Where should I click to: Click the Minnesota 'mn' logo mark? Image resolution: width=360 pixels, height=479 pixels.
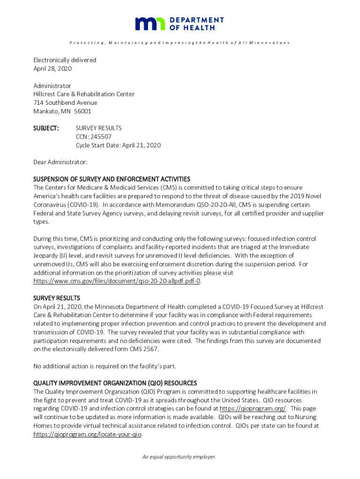coord(150,24)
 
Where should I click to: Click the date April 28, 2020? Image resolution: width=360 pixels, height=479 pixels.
coord(52,69)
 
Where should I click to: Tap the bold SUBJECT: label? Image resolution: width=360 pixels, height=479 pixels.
coord(46,128)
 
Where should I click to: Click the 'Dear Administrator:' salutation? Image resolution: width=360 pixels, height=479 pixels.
coord(60,162)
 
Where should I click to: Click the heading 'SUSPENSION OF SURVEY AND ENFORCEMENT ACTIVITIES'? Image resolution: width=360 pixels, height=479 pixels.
coord(112,179)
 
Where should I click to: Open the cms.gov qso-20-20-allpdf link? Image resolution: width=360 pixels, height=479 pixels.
coord(117,281)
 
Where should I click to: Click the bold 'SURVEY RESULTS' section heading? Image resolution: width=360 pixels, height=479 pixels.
coord(57,298)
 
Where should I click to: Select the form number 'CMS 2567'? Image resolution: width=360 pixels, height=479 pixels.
coord(146,349)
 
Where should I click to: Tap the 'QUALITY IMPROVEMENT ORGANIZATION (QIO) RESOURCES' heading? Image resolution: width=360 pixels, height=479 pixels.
coord(115,383)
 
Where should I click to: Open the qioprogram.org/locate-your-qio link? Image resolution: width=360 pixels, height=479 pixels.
coord(87,434)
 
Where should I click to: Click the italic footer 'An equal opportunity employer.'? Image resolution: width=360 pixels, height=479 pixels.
coord(180,457)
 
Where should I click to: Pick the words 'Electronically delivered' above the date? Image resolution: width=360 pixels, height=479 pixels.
coord(65,60)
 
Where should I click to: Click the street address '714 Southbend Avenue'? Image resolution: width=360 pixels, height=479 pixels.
coord(65,103)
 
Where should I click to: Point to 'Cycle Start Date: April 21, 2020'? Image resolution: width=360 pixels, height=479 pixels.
coord(118,145)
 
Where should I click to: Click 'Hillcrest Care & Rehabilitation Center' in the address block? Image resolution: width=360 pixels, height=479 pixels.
coord(84,94)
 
